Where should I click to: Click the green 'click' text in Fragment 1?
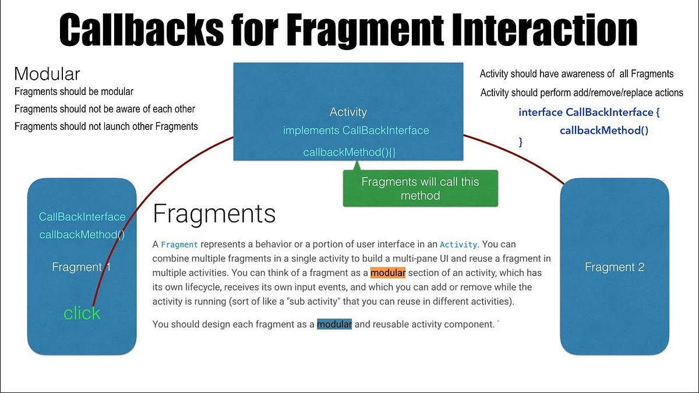coord(82,313)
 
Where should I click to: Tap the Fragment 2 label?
coord(615,267)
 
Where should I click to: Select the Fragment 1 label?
coord(81,267)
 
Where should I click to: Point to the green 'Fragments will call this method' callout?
coord(420,189)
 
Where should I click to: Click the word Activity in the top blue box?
coord(348,112)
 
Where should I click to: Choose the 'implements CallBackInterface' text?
coord(356,130)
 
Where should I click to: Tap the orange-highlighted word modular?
coord(387,273)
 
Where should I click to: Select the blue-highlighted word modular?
coord(334,324)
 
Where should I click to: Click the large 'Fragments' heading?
coord(214,214)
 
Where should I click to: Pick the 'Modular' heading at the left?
coord(47,74)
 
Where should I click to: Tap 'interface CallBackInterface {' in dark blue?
coord(589,112)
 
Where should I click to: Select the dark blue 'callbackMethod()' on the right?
coord(604,130)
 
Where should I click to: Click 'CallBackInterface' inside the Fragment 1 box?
coord(82,217)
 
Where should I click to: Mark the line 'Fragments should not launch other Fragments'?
coord(106,126)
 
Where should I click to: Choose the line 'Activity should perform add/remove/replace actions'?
coord(582,93)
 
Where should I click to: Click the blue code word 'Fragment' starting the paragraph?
coord(179,245)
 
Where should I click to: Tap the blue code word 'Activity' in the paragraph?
coord(458,245)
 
